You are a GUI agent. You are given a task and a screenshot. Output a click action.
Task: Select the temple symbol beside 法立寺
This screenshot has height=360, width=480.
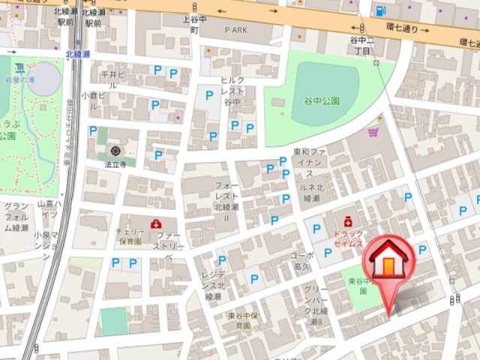point(115,151)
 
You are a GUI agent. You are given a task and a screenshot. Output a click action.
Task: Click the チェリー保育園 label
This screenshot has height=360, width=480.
point(129,237)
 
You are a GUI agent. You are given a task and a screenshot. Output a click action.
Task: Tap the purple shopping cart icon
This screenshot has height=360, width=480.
point(373,132)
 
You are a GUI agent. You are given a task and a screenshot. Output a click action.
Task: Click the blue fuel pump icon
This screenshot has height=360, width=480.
point(381,11)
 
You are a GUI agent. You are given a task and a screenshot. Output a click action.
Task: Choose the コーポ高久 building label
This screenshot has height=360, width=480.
point(301,260)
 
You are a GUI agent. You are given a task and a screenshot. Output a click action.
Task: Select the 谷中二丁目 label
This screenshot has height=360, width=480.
point(361,44)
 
